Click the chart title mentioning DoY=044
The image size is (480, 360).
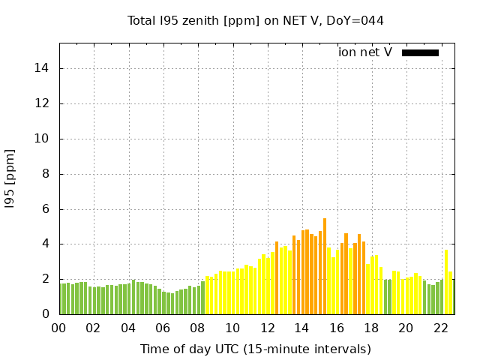click(255, 20)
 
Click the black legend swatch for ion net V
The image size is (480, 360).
click(420, 52)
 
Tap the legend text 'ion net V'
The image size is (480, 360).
click(365, 52)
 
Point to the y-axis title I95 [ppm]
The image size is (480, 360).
click(10, 178)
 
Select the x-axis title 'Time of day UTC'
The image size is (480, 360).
click(255, 349)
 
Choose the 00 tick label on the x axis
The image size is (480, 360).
click(59, 328)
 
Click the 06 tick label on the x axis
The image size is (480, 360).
click(163, 328)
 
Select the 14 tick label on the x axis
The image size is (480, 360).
click(301, 328)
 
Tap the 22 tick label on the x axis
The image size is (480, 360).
click(440, 328)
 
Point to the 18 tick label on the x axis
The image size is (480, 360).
click(371, 328)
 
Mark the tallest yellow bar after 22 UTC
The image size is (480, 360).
click(446, 282)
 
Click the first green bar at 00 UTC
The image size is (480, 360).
click(61, 298)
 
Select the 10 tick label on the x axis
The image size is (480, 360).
click(232, 328)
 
